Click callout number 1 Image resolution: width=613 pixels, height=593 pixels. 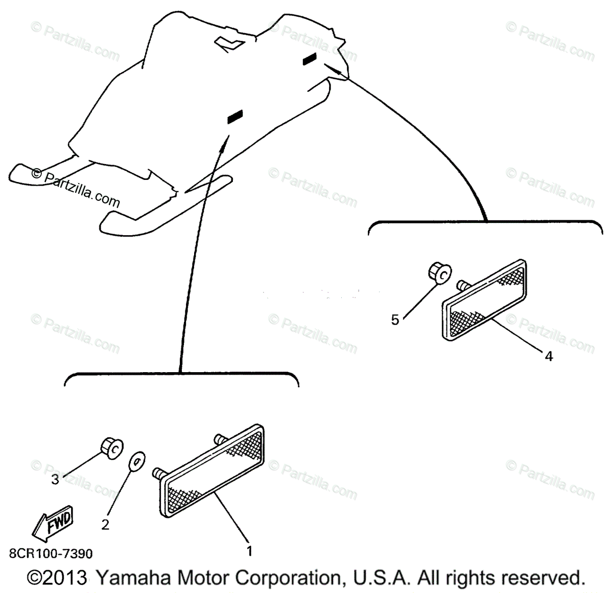pyautogui.click(x=249, y=551)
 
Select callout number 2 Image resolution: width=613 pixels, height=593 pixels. pyautogui.click(x=105, y=524)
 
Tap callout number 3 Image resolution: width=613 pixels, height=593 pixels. pyautogui.click(x=55, y=480)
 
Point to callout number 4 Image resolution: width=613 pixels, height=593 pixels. pyautogui.click(x=549, y=356)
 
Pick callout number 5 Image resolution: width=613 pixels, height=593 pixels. pyautogui.click(x=395, y=320)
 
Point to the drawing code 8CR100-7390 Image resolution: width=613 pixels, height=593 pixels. pyautogui.click(x=51, y=554)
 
